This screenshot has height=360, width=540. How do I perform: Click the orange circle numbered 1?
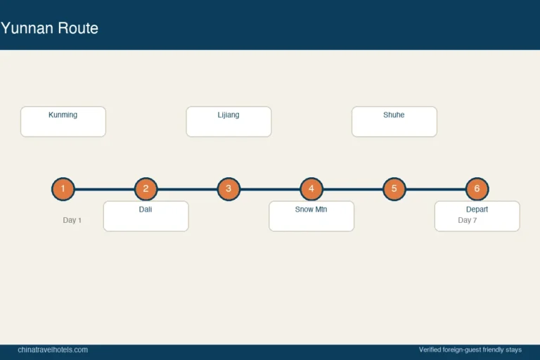[x=63, y=188]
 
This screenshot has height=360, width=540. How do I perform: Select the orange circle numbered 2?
[x=146, y=188]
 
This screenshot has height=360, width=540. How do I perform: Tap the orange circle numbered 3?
[x=229, y=188]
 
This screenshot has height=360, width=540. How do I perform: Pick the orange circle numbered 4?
[x=311, y=188]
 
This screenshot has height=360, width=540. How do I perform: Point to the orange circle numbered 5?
[x=394, y=188]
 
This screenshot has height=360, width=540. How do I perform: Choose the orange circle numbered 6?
[x=477, y=188]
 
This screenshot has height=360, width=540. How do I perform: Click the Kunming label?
[x=63, y=115]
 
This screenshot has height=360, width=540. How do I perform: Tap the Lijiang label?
[x=229, y=115]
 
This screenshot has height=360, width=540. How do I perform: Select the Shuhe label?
[x=394, y=115]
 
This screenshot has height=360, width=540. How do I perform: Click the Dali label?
[x=146, y=209]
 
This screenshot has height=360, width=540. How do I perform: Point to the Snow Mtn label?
[x=311, y=209]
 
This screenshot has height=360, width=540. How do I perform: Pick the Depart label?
[x=477, y=209]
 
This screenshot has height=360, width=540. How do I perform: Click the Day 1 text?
[x=72, y=220]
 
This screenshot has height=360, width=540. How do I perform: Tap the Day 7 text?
[x=468, y=220]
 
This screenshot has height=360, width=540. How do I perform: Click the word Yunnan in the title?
[x=27, y=28]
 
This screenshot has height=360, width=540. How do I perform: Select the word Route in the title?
[x=78, y=28]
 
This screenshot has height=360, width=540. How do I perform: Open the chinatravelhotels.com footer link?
[x=53, y=349]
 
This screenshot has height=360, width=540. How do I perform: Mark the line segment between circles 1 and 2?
[x=104, y=189]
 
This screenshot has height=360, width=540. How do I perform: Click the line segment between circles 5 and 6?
[x=436, y=189]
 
